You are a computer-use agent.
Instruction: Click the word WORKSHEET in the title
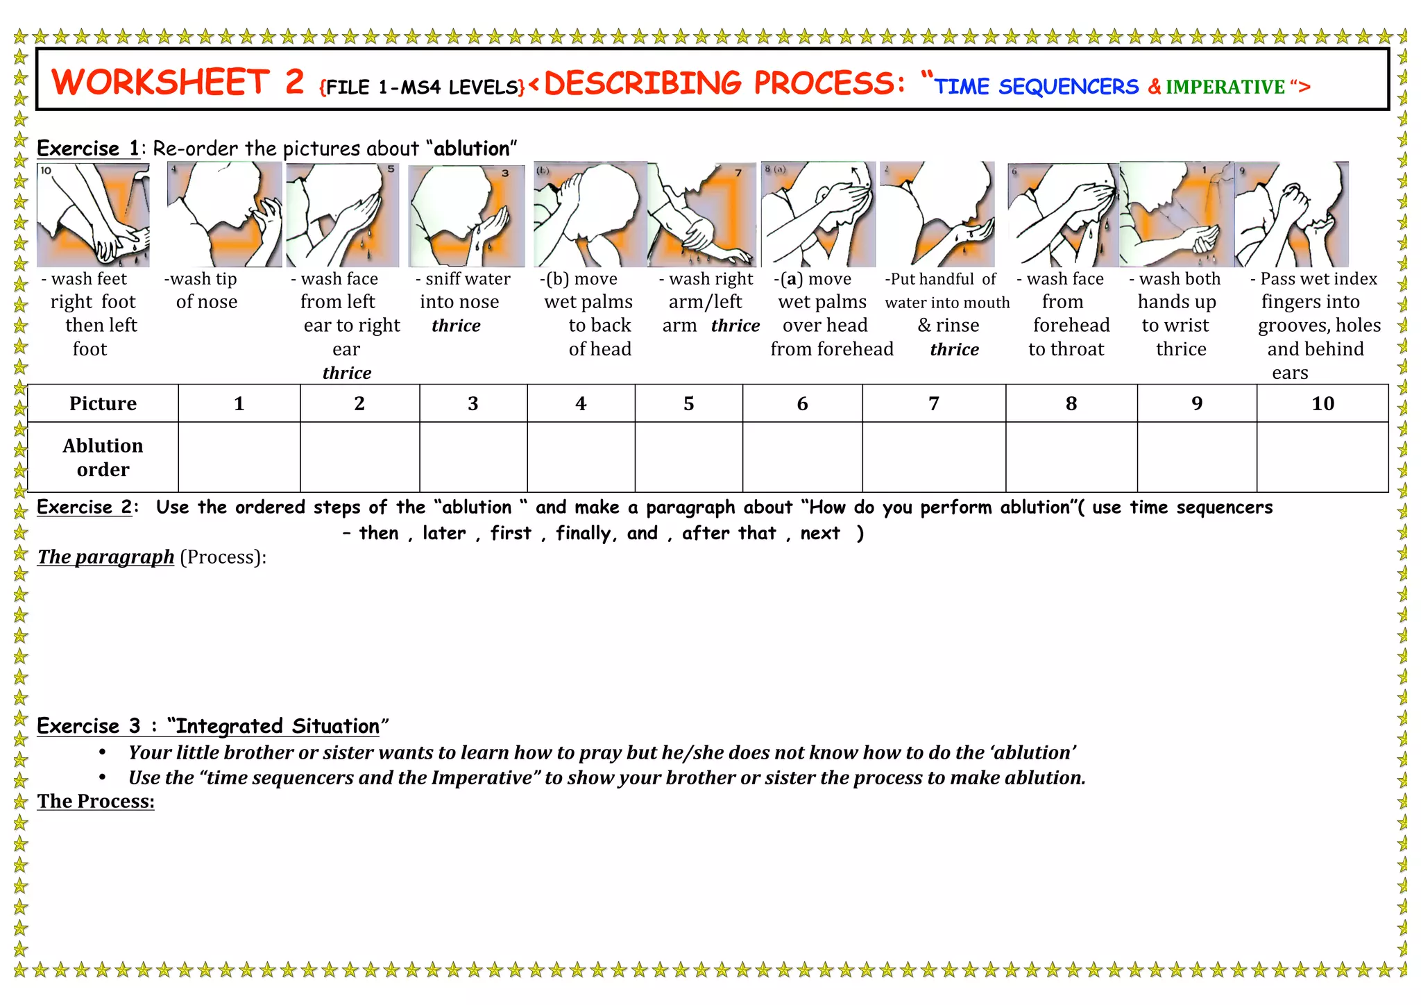[160, 83]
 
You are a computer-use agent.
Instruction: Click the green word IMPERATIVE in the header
[1225, 87]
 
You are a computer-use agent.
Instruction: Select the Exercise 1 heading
[88, 149]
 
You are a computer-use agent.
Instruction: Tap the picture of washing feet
[93, 215]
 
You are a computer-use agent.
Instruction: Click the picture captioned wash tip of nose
[224, 215]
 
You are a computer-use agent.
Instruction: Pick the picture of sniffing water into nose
[466, 216]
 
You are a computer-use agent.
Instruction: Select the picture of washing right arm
[702, 215]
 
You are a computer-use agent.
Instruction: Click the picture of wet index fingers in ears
[1292, 215]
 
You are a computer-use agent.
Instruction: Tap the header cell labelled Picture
[103, 403]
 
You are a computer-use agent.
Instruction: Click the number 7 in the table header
[933, 403]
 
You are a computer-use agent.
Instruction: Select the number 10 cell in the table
[1322, 403]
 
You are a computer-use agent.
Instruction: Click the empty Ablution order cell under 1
[239, 457]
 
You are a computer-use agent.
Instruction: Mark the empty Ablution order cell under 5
[688, 457]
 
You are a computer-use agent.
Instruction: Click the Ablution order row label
[103, 457]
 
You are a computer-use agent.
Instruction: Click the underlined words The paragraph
[105, 557]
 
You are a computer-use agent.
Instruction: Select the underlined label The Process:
[96, 801]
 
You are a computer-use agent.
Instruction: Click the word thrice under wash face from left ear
[346, 373]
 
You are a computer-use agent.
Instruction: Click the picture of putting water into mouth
[937, 215]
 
